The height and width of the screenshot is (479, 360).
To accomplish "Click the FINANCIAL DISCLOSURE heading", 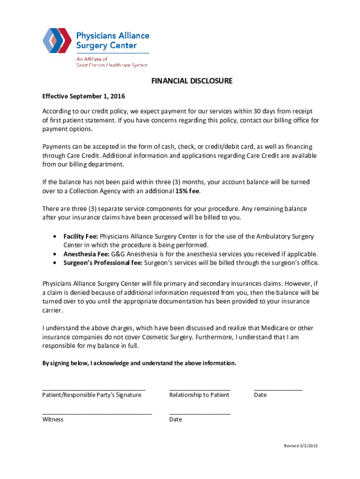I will coord(192,81).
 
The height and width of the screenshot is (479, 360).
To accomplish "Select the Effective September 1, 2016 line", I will coord(84,96).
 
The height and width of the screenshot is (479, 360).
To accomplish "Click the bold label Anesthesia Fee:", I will coord(86,254).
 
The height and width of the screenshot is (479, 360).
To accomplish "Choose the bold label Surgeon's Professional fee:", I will coord(103,263).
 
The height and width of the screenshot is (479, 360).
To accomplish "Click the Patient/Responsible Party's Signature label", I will coord(92,395).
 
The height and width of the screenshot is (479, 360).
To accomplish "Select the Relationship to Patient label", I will coord(199,395).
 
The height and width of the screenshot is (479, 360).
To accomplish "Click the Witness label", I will coord(53,420).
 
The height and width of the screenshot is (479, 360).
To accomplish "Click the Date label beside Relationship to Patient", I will coord(260,395).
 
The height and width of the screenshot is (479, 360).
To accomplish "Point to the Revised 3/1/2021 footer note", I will coord(301,446).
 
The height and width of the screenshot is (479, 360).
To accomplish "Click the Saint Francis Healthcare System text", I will coord(112,65).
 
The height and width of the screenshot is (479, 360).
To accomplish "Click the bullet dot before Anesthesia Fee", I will coord(56,254).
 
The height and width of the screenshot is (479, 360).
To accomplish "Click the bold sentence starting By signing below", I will coord(139,363).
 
